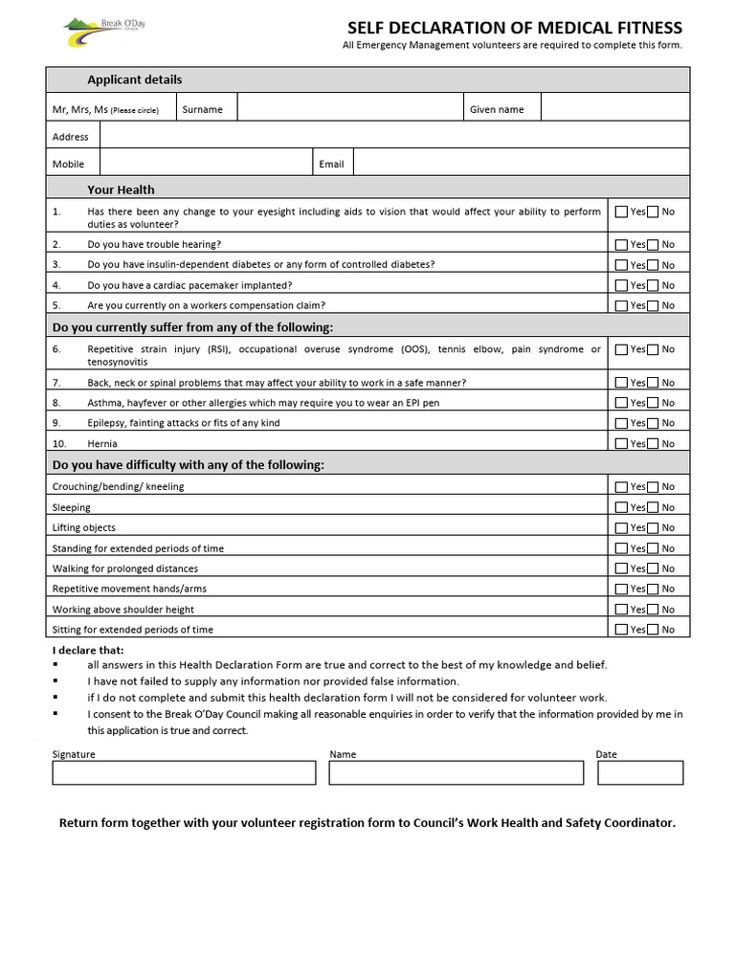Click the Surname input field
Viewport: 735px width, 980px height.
pyautogui.click(x=350, y=108)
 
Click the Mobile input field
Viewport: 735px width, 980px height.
pyautogui.click(x=205, y=163)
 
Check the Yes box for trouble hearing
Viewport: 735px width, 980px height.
pyautogui.click(x=622, y=245)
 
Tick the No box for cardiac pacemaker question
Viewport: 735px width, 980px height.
pyautogui.click(x=653, y=285)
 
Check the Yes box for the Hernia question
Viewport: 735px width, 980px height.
pyautogui.click(x=622, y=444)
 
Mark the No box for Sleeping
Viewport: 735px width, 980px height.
pyautogui.click(x=653, y=508)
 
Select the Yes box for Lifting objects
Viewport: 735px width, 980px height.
pyautogui.click(x=622, y=528)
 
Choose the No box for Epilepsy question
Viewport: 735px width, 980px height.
pyautogui.click(x=653, y=423)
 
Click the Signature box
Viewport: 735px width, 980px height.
pyautogui.click(x=184, y=772)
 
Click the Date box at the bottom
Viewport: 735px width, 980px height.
pyautogui.click(x=640, y=772)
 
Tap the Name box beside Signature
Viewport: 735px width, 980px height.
pyautogui.click(x=456, y=772)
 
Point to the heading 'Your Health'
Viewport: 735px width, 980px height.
pyautogui.click(x=121, y=189)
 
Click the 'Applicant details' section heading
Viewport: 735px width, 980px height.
pyautogui.click(x=134, y=79)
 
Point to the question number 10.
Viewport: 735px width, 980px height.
pyautogui.click(x=58, y=444)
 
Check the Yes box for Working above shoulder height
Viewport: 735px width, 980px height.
pyautogui.click(x=622, y=610)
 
